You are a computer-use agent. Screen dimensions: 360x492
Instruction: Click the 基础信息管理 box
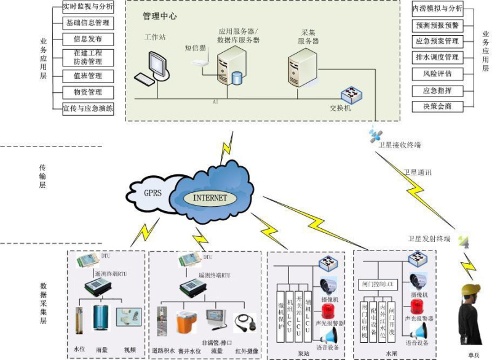(87, 23)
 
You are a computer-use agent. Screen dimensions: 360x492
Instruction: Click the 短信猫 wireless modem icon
(200, 60)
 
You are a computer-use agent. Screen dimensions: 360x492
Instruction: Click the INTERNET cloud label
(210, 198)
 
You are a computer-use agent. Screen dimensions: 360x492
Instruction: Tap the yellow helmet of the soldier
(471, 289)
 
